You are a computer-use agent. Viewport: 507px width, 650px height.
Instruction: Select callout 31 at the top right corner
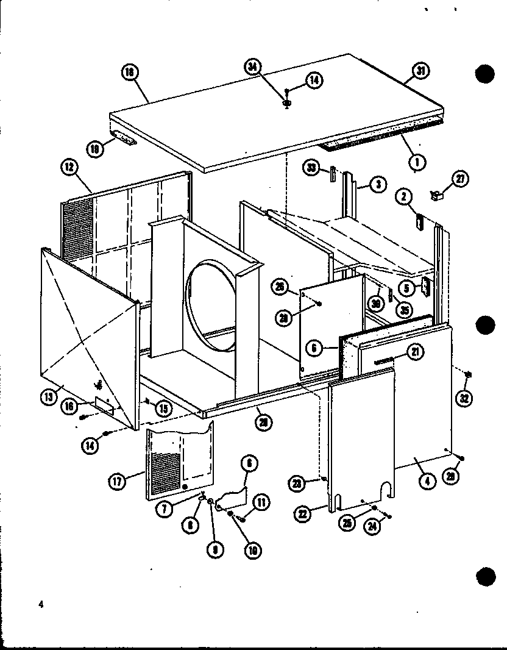click(x=420, y=71)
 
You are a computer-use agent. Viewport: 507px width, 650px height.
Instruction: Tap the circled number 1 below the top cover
click(x=419, y=161)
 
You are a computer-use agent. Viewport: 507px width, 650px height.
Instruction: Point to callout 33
click(x=313, y=168)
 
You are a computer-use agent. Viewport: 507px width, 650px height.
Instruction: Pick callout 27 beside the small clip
click(x=459, y=178)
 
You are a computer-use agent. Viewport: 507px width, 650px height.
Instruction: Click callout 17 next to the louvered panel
click(x=118, y=482)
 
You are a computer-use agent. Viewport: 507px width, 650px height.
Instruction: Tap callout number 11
click(x=260, y=502)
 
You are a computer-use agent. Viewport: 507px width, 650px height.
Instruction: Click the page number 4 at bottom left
click(x=40, y=604)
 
